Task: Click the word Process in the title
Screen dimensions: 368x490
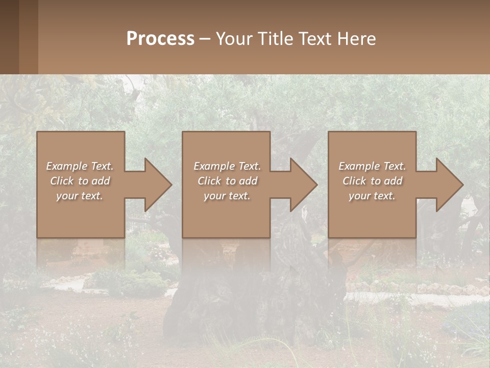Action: (x=160, y=39)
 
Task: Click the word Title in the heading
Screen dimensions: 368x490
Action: (x=275, y=39)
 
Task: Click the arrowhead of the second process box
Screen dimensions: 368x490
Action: (x=303, y=185)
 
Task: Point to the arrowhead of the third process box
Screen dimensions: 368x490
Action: (x=449, y=185)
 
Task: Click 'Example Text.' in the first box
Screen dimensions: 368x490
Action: (x=80, y=166)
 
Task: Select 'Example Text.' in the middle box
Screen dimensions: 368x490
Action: (x=227, y=166)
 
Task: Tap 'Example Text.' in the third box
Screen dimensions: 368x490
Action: (x=372, y=166)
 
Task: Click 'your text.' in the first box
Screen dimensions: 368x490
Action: (x=80, y=196)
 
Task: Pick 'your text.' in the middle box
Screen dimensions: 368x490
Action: (x=227, y=196)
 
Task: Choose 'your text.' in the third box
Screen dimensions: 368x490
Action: (x=372, y=196)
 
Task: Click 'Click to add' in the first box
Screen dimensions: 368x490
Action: (x=80, y=181)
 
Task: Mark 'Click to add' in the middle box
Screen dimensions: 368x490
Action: (x=227, y=181)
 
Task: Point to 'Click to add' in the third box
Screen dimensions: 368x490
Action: (x=372, y=181)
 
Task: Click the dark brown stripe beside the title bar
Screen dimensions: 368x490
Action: (x=9, y=37)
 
